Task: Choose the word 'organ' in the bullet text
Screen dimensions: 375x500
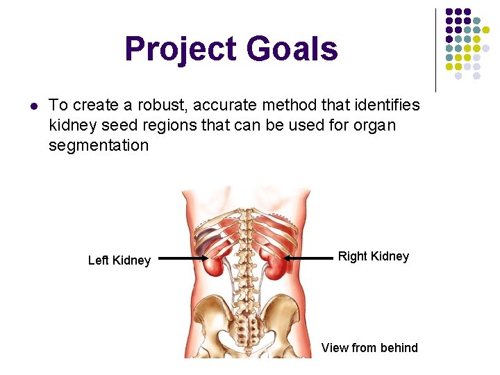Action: pyautogui.click(x=376, y=125)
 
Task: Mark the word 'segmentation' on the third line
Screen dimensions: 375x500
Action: pyautogui.click(x=99, y=145)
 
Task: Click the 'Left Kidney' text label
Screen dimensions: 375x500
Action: pyautogui.click(x=119, y=260)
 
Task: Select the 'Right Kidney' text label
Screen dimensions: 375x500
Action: pyautogui.click(x=374, y=256)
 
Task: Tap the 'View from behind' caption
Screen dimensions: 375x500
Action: pyautogui.click(x=369, y=348)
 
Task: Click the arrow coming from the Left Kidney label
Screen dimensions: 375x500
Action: pyautogui.click(x=184, y=259)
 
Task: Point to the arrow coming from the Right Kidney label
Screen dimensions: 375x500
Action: pyautogui.click(x=309, y=258)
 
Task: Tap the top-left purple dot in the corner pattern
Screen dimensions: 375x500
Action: pyautogui.click(x=449, y=12)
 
